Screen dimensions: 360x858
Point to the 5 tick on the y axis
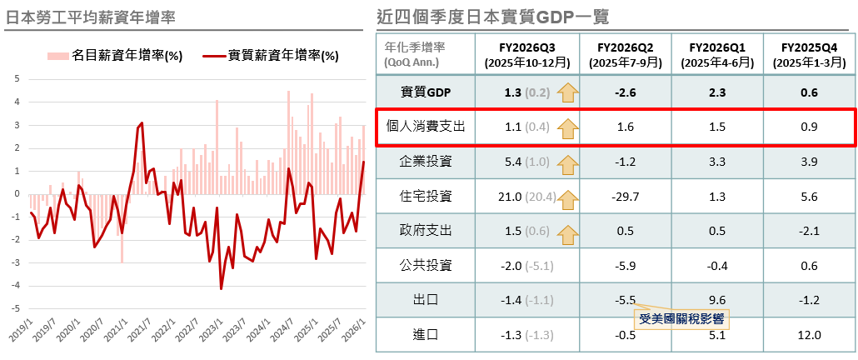(x=17, y=78)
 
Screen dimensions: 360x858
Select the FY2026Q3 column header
(x=526, y=54)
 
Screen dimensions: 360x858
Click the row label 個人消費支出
(x=426, y=127)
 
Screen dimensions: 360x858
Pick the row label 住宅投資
(x=426, y=196)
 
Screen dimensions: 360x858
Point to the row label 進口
(x=426, y=335)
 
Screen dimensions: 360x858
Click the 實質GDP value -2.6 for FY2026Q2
(x=625, y=92)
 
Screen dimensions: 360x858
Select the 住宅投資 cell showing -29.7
(x=625, y=196)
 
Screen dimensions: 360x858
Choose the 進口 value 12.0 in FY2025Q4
(x=809, y=335)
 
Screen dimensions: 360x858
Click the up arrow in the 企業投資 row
(x=568, y=162)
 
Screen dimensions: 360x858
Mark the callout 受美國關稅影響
(x=681, y=317)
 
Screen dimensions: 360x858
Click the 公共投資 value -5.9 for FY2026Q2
(x=625, y=265)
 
